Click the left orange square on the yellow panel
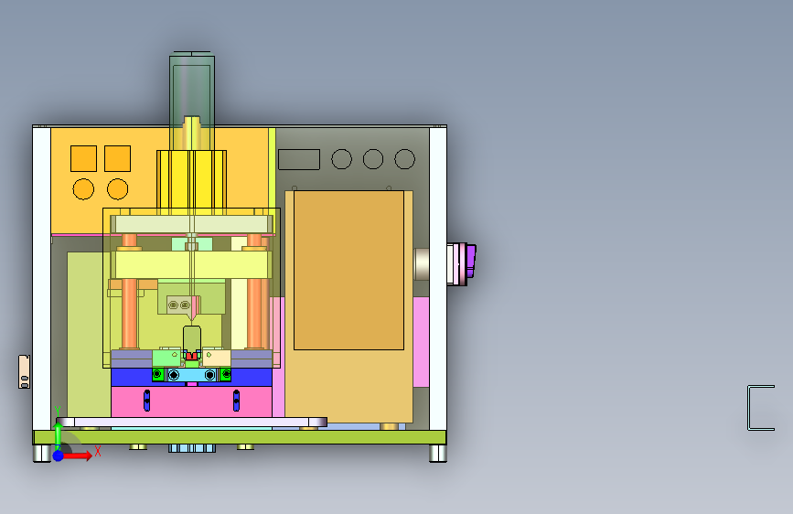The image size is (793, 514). pos(83,158)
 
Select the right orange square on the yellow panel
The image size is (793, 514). pos(117,158)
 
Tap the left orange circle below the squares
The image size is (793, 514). pos(83,189)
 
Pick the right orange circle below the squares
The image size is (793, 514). pos(117,189)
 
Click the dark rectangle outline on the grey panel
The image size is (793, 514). pos(299,159)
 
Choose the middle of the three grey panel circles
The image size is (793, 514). pos(373,159)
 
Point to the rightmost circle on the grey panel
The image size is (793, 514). pos(404,159)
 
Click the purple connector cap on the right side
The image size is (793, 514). pos(471,262)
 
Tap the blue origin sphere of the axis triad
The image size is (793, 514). pos(59,455)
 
